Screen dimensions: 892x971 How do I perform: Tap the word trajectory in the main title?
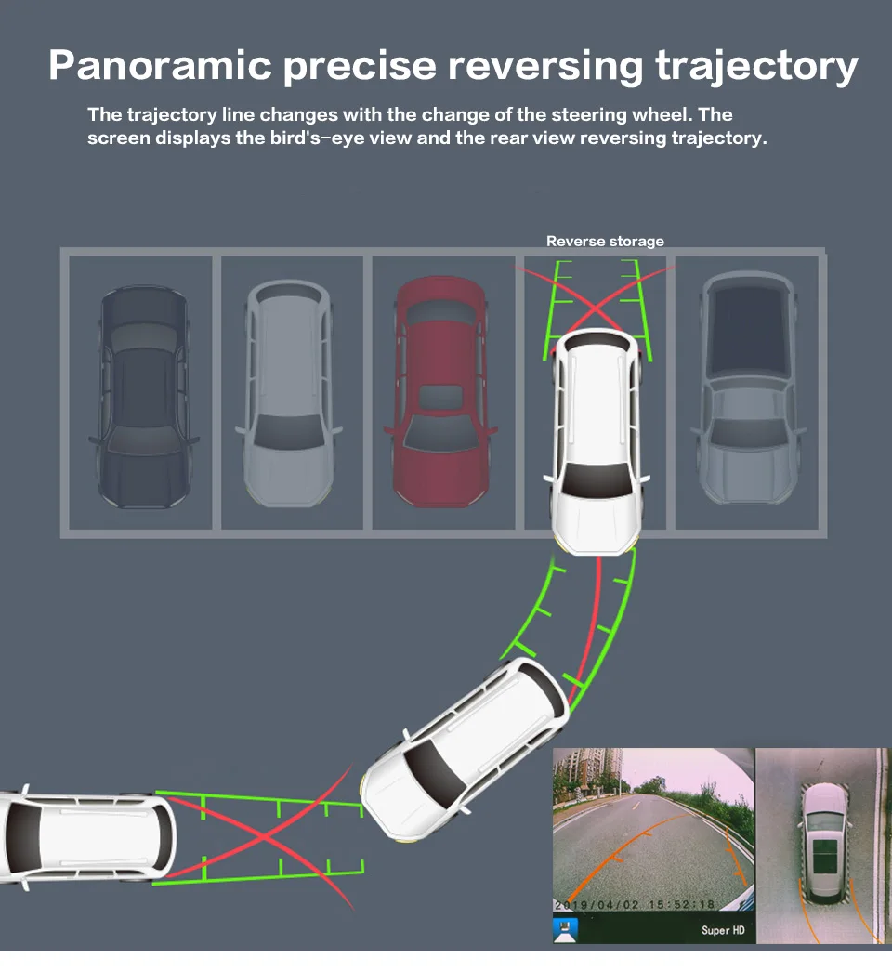pos(755,65)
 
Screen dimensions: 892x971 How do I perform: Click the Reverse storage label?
pos(605,242)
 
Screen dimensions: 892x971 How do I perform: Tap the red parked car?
pos(439,390)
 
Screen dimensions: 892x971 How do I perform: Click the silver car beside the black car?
pos(289,390)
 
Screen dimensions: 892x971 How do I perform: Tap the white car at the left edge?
pos(84,836)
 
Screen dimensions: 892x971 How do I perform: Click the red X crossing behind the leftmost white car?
pos(265,837)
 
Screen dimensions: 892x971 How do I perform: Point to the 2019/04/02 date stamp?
pos(595,904)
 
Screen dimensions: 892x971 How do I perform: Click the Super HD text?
pos(721,930)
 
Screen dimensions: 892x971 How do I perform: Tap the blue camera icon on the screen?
pos(565,927)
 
